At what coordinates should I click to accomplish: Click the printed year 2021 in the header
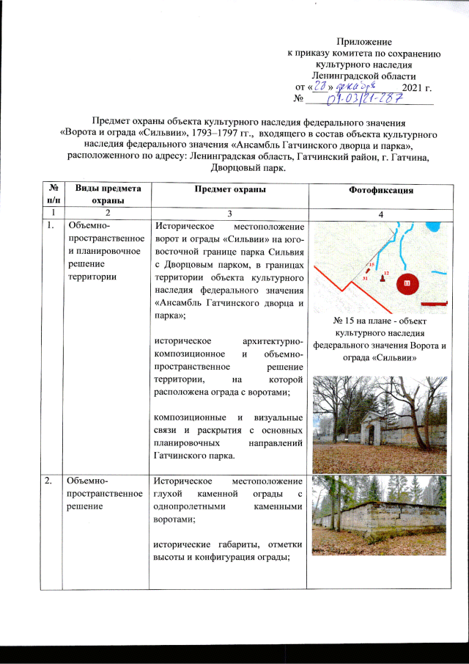416,88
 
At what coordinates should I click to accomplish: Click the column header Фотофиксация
380,190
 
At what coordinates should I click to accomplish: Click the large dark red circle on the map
407,283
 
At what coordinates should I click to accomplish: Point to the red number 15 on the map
372,264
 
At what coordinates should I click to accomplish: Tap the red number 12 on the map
385,272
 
